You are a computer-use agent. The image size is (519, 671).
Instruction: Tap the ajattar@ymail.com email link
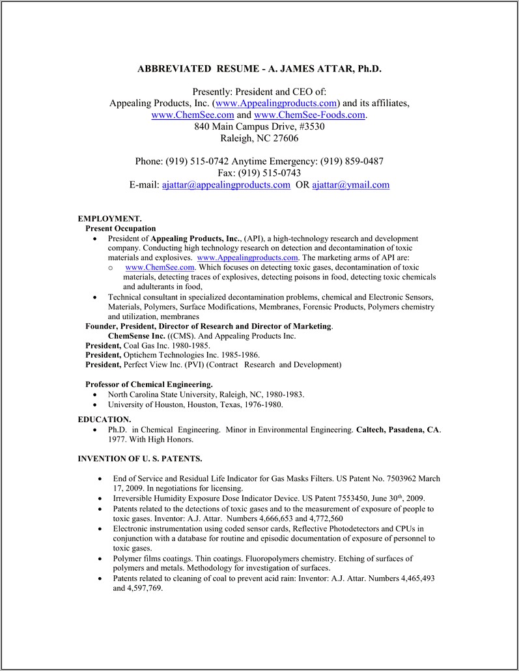(x=350, y=184)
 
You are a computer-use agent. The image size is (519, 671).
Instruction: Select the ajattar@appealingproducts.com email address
(x=226, y=184)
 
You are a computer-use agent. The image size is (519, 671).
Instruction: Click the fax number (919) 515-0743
(x=267, y=173)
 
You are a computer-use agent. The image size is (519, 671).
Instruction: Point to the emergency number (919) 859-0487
(x=352, y=161)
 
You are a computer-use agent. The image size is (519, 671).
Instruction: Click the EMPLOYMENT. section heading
(x=109, y=219)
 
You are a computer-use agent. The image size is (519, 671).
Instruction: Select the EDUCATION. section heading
(x=104, y=420)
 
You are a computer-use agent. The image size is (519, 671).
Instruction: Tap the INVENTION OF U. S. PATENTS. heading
(x=139, y=459)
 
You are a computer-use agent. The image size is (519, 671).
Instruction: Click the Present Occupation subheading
(x=120, y=229)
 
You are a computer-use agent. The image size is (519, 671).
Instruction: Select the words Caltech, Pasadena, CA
(x=397, y=430)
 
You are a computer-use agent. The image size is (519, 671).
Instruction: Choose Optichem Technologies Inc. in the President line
(x=173, y=355)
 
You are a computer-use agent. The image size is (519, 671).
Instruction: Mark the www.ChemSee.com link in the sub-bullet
(x=160, y=267)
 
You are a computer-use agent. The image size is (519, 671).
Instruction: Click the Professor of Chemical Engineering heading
(x=148, y=384)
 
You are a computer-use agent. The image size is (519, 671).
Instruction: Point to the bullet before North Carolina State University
(x=95, y=395)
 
